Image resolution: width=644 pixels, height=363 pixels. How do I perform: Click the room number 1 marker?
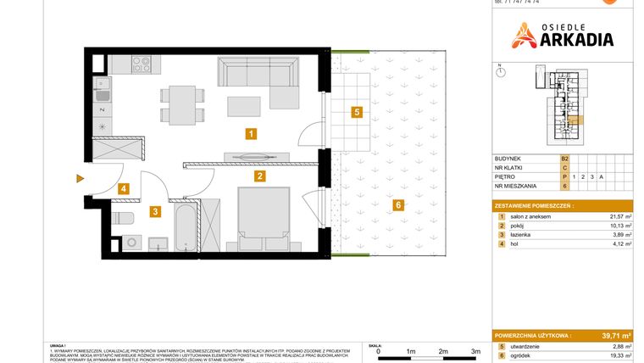[250, 133]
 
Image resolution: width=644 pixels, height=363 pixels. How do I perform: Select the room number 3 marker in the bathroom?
[155, 212]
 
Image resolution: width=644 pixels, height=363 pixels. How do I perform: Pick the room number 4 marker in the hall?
[123, 189]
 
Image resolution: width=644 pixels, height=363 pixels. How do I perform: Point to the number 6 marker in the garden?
[397, 204]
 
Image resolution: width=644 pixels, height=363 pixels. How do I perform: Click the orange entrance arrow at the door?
[80, 178]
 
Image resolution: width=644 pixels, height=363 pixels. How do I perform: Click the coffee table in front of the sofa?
[246, 106]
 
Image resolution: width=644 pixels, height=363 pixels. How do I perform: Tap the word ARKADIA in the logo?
[574, 39]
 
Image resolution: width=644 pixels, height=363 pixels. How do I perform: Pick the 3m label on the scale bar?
[475, 350]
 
